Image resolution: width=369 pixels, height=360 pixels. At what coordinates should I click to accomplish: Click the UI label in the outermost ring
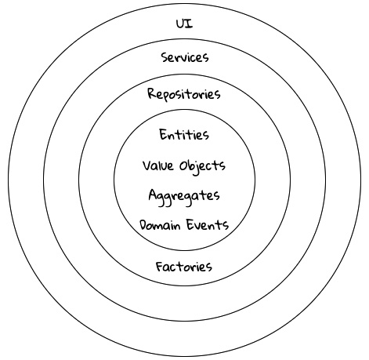click(x=185, y=24)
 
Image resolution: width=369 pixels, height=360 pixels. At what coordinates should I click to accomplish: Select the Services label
click(x=185, y=57)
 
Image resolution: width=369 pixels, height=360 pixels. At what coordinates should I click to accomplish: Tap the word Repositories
click(x=184, y=94)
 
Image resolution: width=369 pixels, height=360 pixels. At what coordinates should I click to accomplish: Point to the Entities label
click(x=184, y=135)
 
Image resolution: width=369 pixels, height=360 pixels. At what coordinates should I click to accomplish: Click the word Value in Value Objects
click(x=158, y=165)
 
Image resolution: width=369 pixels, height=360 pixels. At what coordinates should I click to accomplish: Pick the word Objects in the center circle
click(x=202, y=166)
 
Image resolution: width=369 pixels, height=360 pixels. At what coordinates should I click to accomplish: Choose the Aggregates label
click(x=184, y=196)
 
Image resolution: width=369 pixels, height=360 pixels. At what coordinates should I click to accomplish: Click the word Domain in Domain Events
click(x=160, y=225)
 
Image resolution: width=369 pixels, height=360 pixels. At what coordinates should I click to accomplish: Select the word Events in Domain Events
click(x=208, y=225)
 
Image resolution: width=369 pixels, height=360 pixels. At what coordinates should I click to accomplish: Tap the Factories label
click(x=184, y=267)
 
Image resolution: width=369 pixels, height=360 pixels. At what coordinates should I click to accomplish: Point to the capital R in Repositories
click(x=152, y=93)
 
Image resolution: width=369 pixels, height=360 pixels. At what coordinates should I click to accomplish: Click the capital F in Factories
click(x=160, y=267)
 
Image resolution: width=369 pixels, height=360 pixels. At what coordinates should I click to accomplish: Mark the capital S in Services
click(x=165, y=57)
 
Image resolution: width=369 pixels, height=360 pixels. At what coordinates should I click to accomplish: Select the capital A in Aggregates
click(x=153, y=195)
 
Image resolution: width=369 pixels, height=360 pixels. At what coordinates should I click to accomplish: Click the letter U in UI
click(x=181, y=24)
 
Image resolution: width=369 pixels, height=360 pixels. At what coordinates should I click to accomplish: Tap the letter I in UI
click(x=190, y=24)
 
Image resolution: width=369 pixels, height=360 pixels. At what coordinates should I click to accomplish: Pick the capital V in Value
click(x=147, y=165)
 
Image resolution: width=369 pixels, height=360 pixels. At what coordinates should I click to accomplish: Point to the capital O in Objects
click(x=184, y=165)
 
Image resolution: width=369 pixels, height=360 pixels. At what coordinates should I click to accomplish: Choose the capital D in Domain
click(x=145, y=225)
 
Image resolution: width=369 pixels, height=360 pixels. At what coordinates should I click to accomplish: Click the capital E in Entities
click(x=164, y=135)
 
